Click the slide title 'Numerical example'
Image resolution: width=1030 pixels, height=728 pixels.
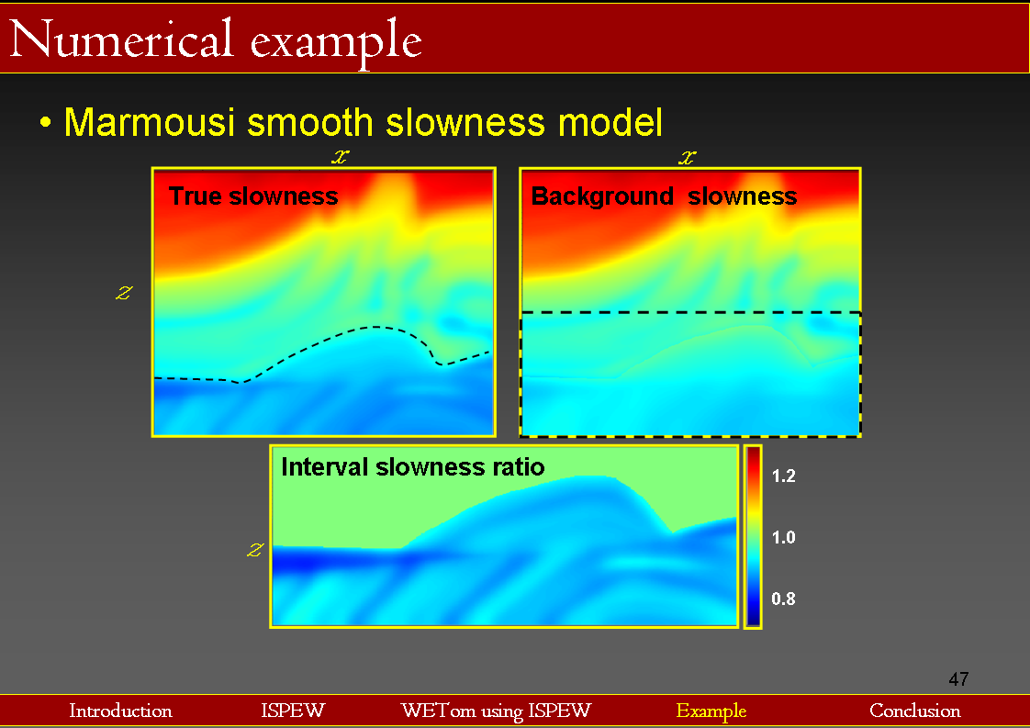(217, 39)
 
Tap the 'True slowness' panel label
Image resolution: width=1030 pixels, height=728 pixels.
(253, 196)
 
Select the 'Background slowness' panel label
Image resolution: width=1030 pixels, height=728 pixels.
(664, 196)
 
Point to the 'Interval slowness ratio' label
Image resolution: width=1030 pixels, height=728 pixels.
(413, 466)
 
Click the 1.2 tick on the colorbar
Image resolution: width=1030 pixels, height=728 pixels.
(783, 476)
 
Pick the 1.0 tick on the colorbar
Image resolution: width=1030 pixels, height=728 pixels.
(783, 537)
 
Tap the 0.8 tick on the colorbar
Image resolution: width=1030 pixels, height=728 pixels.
(783, 599)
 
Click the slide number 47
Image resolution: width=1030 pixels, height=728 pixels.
(958, 679)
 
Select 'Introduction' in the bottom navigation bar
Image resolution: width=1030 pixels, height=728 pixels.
(120, 711)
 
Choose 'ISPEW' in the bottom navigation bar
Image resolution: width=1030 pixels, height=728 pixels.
(293, 711)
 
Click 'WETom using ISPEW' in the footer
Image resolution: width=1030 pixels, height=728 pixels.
(496, 711)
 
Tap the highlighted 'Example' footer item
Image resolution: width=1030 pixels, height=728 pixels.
(711, 711)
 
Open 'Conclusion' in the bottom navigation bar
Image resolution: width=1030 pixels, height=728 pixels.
(915, 711)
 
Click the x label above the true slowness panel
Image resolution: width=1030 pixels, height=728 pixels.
(340, 157)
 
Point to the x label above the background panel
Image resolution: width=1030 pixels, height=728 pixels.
(687, 157)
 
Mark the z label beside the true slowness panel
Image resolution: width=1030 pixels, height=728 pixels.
(124, 293)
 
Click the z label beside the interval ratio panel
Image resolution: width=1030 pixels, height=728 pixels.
(256, 549)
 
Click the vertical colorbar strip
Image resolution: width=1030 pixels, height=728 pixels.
(753, 536)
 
